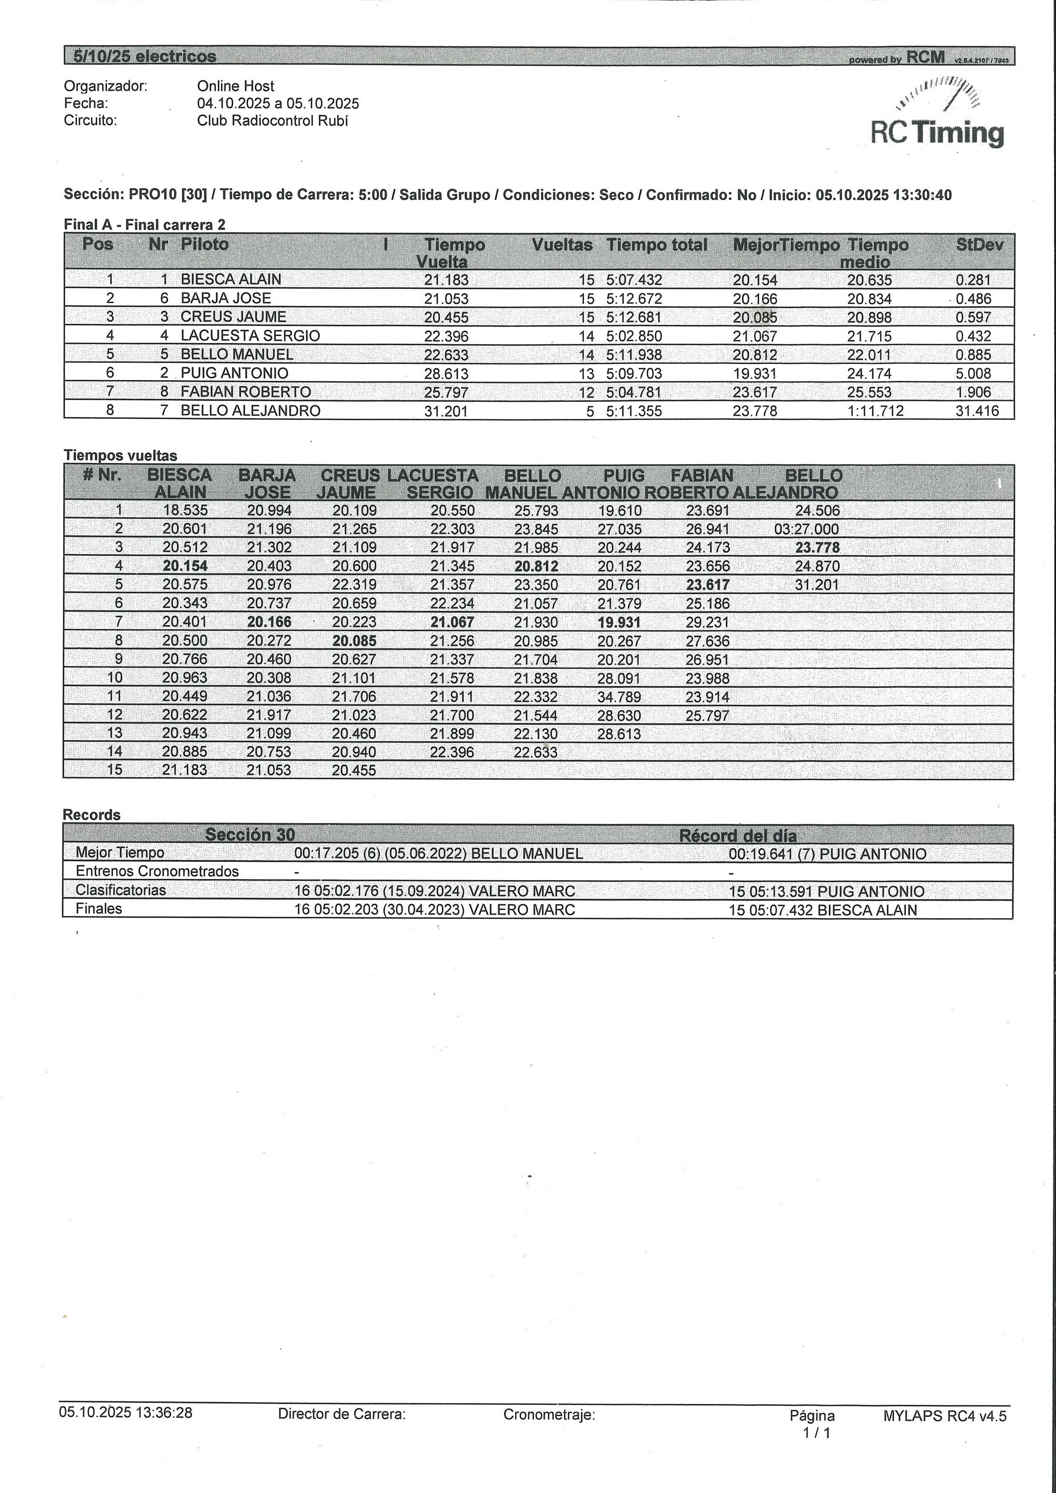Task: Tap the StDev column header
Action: point(979,245)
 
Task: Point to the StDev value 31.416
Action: point(977,411)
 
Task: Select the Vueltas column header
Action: point(562,245)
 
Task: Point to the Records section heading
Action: point(92,815)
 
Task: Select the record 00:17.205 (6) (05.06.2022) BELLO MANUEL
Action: point(439,854)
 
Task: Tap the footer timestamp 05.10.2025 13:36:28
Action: point(126,1413)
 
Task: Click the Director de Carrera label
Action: point(341,1414)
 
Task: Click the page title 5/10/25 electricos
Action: point(144,57)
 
